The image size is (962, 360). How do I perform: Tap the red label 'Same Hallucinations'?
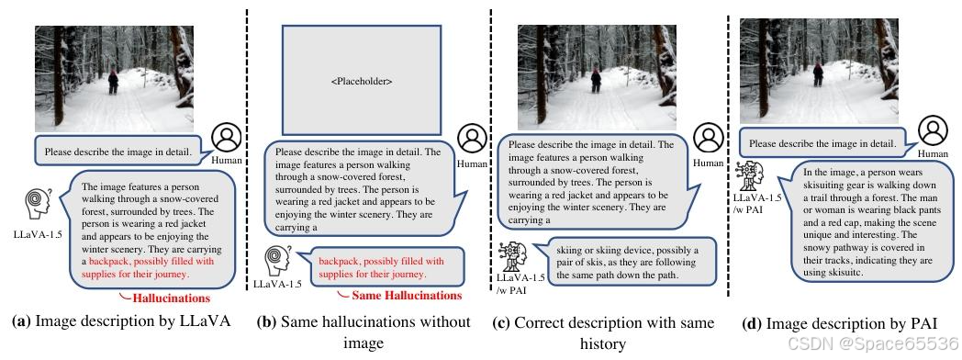click(x=408, y=296)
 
